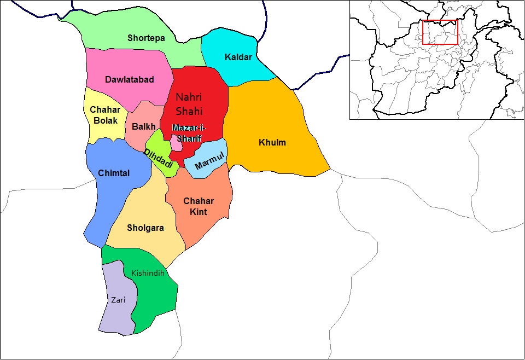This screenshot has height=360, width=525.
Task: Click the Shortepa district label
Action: tap(146, 38)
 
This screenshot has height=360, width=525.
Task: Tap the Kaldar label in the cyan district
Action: tap(238, 57)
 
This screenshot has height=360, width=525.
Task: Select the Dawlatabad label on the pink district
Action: tap(129, 79)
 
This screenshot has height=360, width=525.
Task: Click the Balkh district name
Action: tap(143, 126)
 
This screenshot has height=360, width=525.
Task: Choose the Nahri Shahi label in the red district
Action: tap(189, 104)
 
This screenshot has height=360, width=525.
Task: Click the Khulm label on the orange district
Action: tap(272, 143)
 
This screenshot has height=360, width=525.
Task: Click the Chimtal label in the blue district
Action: tap(114, 173)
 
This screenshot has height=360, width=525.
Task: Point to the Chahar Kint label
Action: tap(199, 206)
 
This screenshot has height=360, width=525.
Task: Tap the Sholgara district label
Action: tap(145, 228)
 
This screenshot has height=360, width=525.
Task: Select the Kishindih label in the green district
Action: tap(148, 272)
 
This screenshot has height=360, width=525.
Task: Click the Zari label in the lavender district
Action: tap(118, 300)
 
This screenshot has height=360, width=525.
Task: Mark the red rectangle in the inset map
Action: tap(440, 32)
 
